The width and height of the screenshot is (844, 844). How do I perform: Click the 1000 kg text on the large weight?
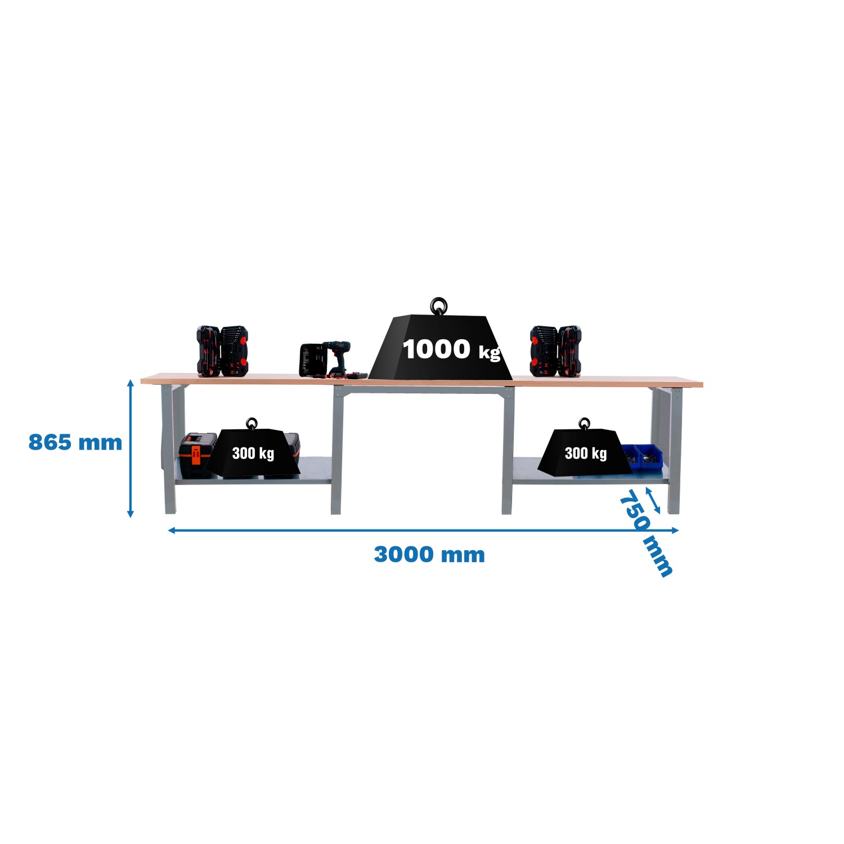pyautogui.click(x=451, y=349)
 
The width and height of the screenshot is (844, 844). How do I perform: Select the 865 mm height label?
pyautogui.click(x=75, y=442)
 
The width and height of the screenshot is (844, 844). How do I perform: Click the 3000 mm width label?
pyautogui.click(x=429, y=555)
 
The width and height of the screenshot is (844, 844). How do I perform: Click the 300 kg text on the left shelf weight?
pyautogui.click(x=253, y=453)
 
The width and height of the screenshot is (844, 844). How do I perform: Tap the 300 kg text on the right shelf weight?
pyautogui.click(x=586, y=453)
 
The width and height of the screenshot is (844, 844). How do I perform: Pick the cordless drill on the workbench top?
pyautogui.click(x=338, y=358)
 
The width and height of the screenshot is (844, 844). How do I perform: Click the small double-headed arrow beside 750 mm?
pyautogui.click(x=653, y=500)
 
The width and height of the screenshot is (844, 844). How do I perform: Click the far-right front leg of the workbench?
pyautogui.click(x=674, y=450)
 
